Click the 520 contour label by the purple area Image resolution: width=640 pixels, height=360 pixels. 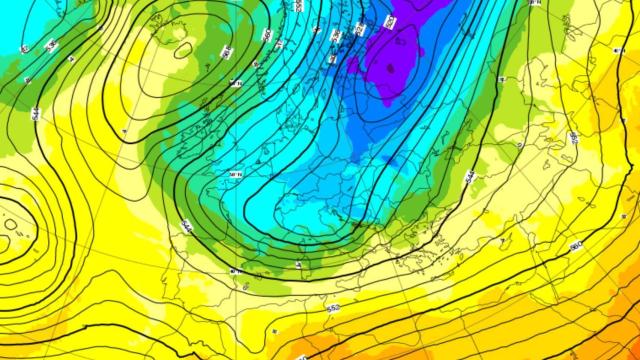point(389,21)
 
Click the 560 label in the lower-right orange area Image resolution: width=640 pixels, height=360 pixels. point(575,246)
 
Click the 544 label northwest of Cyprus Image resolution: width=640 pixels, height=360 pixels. point(468,177)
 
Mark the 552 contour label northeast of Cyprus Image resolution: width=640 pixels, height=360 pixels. point(573,137)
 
